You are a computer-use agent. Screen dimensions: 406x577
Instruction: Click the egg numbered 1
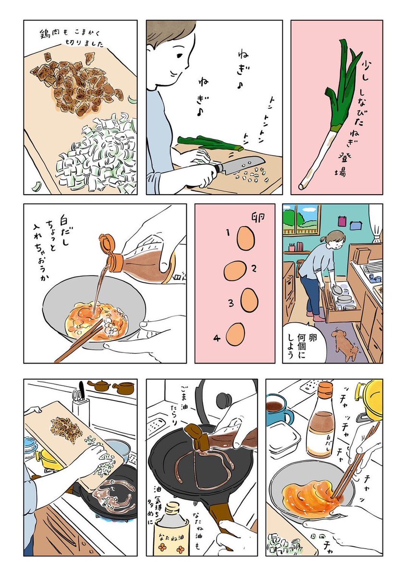tap(246, 238)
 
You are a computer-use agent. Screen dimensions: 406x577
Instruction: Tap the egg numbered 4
tap(235, 334)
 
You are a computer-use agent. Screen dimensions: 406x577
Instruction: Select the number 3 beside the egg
tap(231, 303)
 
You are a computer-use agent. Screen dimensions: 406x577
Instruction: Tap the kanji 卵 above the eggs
tap(258, 217)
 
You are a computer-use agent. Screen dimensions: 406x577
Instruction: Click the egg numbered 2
tap(235, 271)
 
